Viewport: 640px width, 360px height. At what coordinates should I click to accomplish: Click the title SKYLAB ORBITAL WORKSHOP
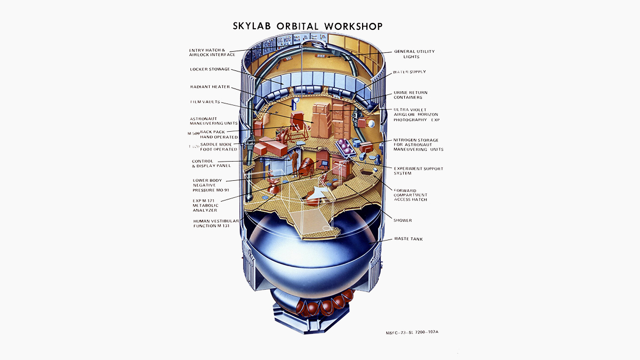coord(308,26)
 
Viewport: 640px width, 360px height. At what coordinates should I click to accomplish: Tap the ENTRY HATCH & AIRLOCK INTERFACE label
coord(212,52)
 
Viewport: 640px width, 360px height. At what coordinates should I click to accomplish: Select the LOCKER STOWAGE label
coord(210,69)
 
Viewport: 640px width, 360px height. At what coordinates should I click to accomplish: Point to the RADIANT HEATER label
coord(210,87)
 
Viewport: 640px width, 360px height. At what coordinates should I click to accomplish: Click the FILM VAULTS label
coord(205,102)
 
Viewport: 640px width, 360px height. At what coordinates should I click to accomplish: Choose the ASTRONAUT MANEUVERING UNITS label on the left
coord(213,121)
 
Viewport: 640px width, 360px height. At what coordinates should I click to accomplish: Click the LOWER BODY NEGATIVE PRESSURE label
coord(211,185)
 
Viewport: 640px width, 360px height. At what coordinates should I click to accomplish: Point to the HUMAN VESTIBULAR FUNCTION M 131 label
coord(216,223)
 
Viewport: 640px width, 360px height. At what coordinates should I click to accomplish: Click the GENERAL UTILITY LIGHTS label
coord(414,54)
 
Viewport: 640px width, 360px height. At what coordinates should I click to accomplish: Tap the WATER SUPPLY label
coord(409,71)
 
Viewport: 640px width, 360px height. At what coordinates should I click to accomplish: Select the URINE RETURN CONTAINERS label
coord(410,95)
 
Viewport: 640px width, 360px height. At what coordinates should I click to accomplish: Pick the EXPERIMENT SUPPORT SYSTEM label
coord(418,171)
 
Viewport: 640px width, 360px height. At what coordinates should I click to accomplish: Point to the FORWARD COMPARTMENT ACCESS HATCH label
coord(410,195)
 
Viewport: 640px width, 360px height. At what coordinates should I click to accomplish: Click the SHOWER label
coord(402,220)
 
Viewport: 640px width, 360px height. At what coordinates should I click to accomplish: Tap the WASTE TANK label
coord(408,239)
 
